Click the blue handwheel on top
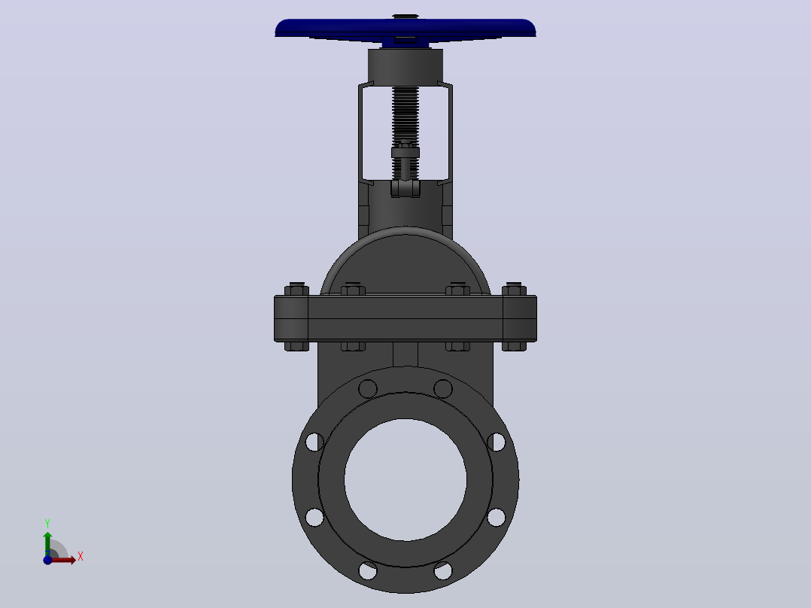(405, 30)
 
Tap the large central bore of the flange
(405, 479)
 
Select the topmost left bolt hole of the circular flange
(368, 388)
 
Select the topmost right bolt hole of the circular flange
(443, 388)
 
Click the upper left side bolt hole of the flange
(314, 442)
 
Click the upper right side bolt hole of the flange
(497, 442)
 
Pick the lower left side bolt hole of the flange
(314, 518)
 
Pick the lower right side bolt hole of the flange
(497, 518)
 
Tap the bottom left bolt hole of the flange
(368, 570)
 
